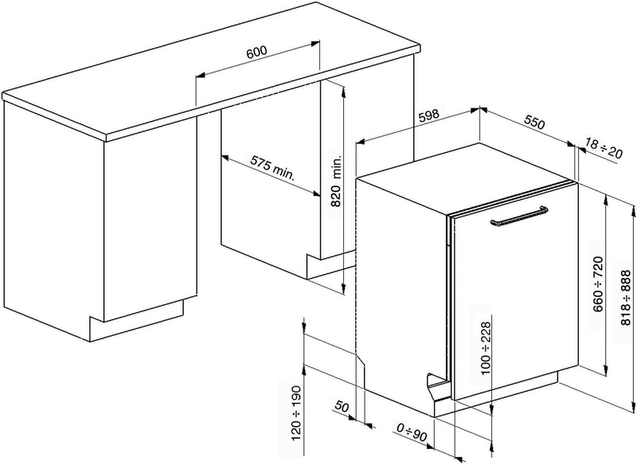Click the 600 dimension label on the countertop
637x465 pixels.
pyautogui.click(x=256, y=52)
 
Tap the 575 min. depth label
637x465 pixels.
pyautogui.click(x=272, y=167)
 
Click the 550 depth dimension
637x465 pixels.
pyautogui.click(x=533, y=123)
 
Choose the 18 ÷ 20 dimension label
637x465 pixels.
pyautogui.click(x=604, y=149)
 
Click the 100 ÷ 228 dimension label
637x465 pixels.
pyautogui.click(x=485, y=348)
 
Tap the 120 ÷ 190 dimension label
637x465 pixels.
pyautogui.click(x=295, y=413)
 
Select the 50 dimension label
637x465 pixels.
pyautogui.click(x=342, y=406)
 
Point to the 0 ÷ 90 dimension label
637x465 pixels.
pyautogui.click(x=412, y=432)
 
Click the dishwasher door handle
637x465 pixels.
pyautogui.click(x=519, y=216)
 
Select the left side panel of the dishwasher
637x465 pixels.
pyautogui.click(x=401, y=296)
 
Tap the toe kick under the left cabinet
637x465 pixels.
pyautogui.click(x=136, y=321)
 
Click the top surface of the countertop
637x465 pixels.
pyautogui.click(x=211, y=69)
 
